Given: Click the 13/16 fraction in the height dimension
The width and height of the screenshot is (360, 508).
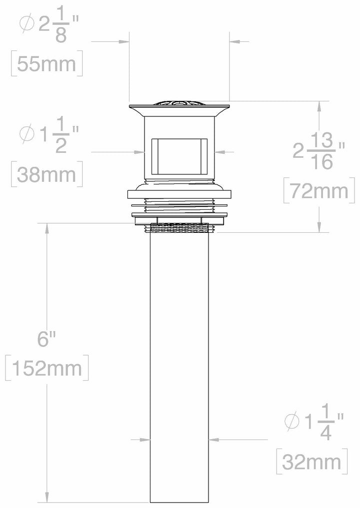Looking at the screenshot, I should click(323, 152).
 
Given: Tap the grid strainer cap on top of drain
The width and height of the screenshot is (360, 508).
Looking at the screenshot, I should click(179, 103).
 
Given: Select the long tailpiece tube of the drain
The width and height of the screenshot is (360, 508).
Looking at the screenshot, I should click(179, 370).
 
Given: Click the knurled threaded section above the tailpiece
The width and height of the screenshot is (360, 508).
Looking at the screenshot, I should click(179, 228).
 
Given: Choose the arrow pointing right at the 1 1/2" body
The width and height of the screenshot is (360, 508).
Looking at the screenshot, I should click(140, 152).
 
